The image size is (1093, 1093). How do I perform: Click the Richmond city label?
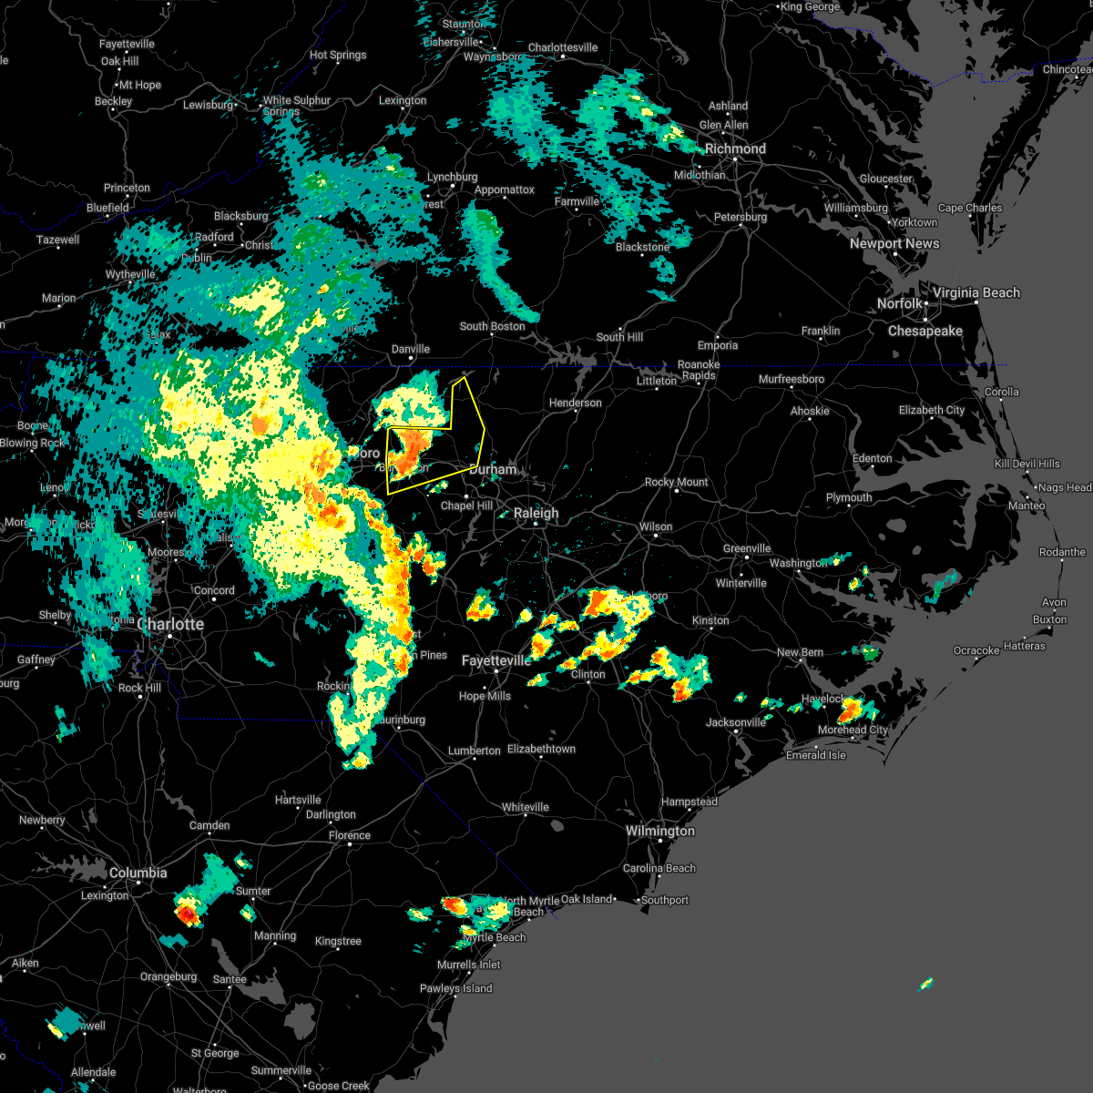point(735,148)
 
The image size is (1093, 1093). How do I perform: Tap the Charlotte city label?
point(170,624)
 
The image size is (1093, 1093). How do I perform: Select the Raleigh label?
point(536,513)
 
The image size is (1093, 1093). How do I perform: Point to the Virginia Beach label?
point(976,292)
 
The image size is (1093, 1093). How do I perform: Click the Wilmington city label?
point(659,831)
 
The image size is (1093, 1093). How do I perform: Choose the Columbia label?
point(138,873)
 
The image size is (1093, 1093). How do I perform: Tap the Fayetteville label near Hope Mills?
point(495,660)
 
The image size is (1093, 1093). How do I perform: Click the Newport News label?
point(894,243)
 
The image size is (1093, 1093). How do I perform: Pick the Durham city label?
point(493,469)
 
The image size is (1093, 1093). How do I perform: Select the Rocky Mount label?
point(676,482)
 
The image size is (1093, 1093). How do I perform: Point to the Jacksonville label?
point(736,722)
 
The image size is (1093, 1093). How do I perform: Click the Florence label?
point(350,835)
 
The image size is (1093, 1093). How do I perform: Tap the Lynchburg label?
point(452,177)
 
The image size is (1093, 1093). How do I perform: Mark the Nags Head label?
point(1066,487)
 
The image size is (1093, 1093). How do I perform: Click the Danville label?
point(410,349)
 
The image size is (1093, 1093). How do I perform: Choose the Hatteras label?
point(1024,646)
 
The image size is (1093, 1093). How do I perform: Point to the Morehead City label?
point(853,730)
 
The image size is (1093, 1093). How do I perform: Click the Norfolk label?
point(900,303)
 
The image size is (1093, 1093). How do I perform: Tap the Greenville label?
point(747,548)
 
